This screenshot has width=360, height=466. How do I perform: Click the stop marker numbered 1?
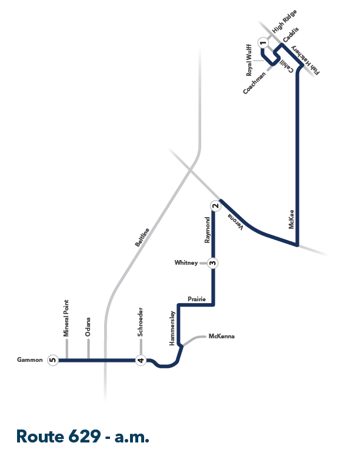263,43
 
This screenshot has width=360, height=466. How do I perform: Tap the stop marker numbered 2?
216,206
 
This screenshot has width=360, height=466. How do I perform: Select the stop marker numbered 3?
213,263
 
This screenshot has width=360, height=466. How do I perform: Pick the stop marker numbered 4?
141,360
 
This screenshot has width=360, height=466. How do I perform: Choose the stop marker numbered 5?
53,360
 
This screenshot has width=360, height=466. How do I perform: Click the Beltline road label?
142,238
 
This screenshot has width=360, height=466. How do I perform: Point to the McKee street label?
291,219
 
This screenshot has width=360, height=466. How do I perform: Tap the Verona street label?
235,222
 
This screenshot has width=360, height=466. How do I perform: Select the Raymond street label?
207,229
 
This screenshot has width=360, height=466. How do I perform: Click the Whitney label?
186,263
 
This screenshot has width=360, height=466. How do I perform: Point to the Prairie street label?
196,299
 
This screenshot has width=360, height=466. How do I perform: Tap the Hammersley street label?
172,328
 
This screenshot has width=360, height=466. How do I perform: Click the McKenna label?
222,336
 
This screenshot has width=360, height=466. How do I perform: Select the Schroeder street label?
140,322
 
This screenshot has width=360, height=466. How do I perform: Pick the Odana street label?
88,327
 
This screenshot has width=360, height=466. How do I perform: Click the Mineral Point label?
66,318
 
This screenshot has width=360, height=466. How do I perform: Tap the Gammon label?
29,360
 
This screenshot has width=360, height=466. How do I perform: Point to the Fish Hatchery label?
305,61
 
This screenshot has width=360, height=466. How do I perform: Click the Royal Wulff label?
249,60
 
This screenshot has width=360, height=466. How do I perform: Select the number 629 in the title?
85,437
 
